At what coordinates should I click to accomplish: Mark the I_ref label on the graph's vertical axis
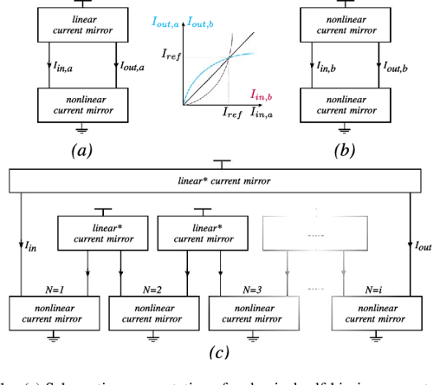(173, 55)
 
